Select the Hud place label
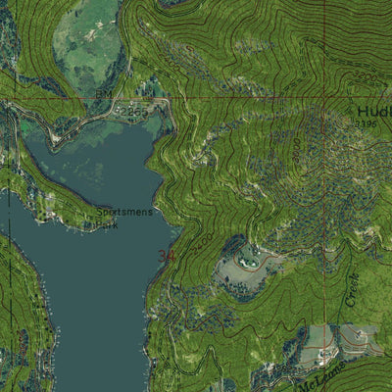coord(373,111)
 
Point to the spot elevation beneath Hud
coord(367,124)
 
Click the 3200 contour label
coord(365,76)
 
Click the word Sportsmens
coord(124,212)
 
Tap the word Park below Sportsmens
coord(106,224)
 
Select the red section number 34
coord(167,257)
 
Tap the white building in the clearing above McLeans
coord(361,336)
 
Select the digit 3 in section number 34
coord(162,257)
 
